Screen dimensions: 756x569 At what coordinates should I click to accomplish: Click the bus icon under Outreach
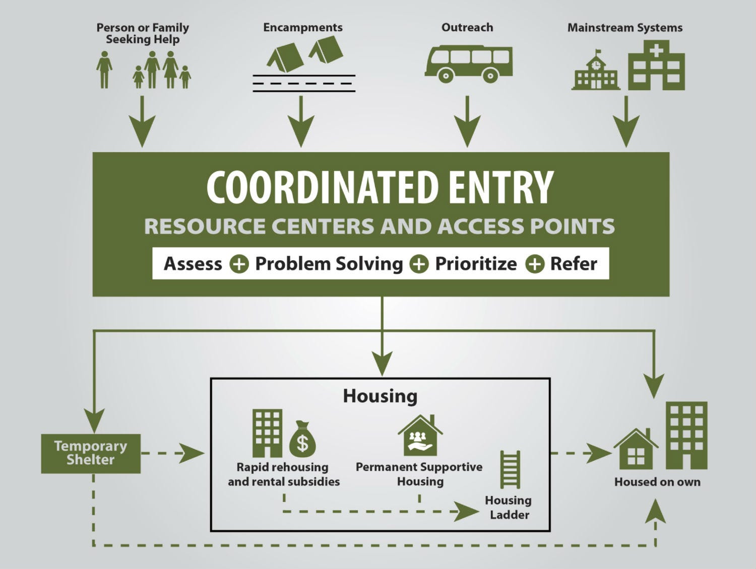click(468, 63)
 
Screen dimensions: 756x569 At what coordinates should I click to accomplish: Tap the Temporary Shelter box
click(91, 453)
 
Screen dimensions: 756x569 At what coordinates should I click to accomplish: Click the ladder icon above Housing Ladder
click(510, 469)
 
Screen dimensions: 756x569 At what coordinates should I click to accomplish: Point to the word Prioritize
click(476, 264)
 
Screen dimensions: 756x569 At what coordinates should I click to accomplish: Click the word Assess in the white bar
click(193, 264)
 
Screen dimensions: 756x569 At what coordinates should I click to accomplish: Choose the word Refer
click(574, 264)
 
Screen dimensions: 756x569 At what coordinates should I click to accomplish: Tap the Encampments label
click(303, 28)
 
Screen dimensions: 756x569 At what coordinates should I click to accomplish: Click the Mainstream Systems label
click(625, 28)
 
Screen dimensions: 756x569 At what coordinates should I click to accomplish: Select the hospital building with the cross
click(657, 65)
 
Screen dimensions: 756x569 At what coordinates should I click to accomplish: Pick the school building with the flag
click(596, 70)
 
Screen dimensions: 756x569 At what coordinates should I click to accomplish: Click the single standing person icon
click(104, 70)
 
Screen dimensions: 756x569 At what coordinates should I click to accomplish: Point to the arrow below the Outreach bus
click(467, 121)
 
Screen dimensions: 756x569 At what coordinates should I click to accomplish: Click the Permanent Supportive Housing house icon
click(420, 435)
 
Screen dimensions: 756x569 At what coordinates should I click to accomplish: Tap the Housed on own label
click(657, 482)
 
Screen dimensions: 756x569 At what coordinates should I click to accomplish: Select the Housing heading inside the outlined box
click(380, 396)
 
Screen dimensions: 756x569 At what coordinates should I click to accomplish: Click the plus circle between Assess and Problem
click(239, 264)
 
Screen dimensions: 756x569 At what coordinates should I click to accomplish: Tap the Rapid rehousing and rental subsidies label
click(284, 474)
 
